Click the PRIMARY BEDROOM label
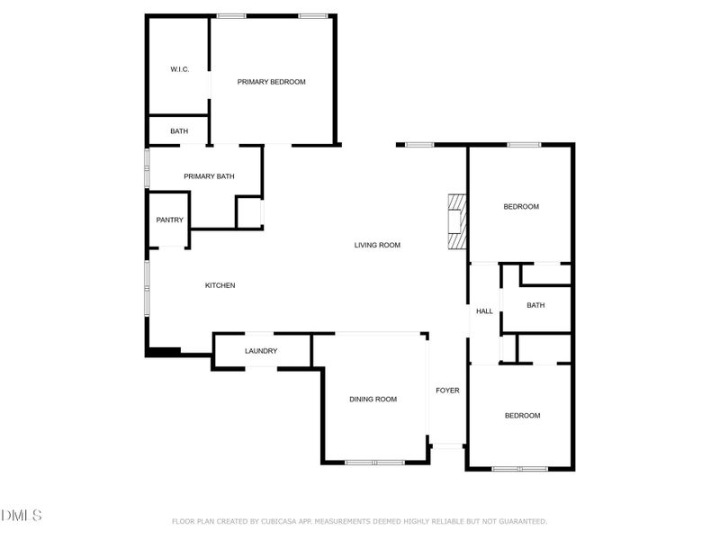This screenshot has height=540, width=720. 271,82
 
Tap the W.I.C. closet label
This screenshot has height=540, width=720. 179,69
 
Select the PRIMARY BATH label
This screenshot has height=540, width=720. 209,176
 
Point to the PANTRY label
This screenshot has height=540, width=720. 169,220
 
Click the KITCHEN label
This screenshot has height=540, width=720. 220,285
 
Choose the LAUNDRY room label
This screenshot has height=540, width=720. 261,351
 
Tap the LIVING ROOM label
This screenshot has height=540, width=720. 377,245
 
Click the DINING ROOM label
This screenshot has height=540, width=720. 373,399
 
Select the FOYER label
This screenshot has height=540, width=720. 447,391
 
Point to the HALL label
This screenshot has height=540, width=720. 484,311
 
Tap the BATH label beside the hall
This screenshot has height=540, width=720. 535,305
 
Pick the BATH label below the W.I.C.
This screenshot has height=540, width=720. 179,131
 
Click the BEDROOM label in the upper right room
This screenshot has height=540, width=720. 520,207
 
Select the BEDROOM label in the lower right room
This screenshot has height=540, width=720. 522,415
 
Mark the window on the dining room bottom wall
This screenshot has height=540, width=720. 375,463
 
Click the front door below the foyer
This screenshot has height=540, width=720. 447,445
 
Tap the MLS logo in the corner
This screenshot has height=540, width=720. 22,516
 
